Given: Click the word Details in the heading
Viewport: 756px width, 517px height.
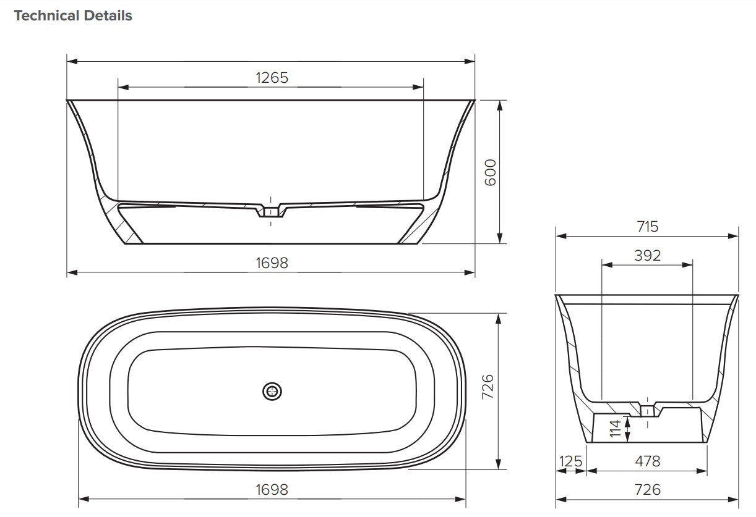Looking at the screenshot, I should click(x=110, y=16).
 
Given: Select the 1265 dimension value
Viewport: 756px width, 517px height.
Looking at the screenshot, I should click(x=272, y=77).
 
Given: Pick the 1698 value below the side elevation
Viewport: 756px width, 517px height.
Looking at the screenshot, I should click(x=272, y=263).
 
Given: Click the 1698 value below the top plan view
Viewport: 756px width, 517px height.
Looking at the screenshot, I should click(x=272, y=489).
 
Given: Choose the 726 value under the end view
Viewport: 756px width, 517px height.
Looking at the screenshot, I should click(x=647, y=489).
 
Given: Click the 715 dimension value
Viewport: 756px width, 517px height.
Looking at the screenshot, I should click(x=647, y=226).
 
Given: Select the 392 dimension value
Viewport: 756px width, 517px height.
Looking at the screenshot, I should click(x=647, y=255).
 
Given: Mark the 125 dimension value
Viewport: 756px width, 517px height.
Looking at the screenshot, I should click(x=570, y=461).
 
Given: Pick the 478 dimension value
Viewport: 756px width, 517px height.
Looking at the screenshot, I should click(x=647, y=461).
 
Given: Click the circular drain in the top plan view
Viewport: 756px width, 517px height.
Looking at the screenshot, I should click(x=272, y=390).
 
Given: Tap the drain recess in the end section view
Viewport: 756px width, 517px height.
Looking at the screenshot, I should click(x=647, y=410).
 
